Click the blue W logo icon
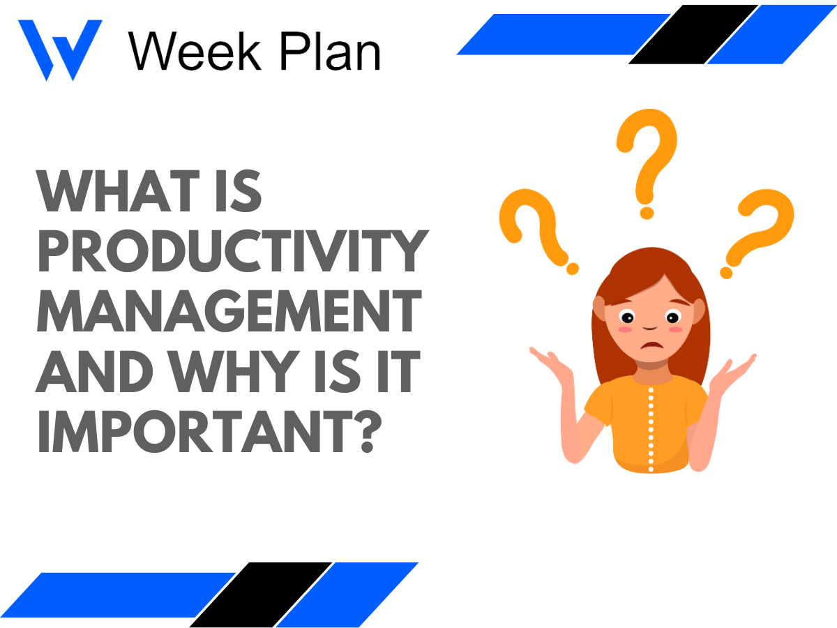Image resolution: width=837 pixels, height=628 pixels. point(59,49)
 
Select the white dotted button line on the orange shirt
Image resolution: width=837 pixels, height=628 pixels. point(651,426)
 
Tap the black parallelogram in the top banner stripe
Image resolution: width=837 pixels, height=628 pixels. point(693,34)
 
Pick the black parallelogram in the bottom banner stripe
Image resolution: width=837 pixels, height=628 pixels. point(260,595)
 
